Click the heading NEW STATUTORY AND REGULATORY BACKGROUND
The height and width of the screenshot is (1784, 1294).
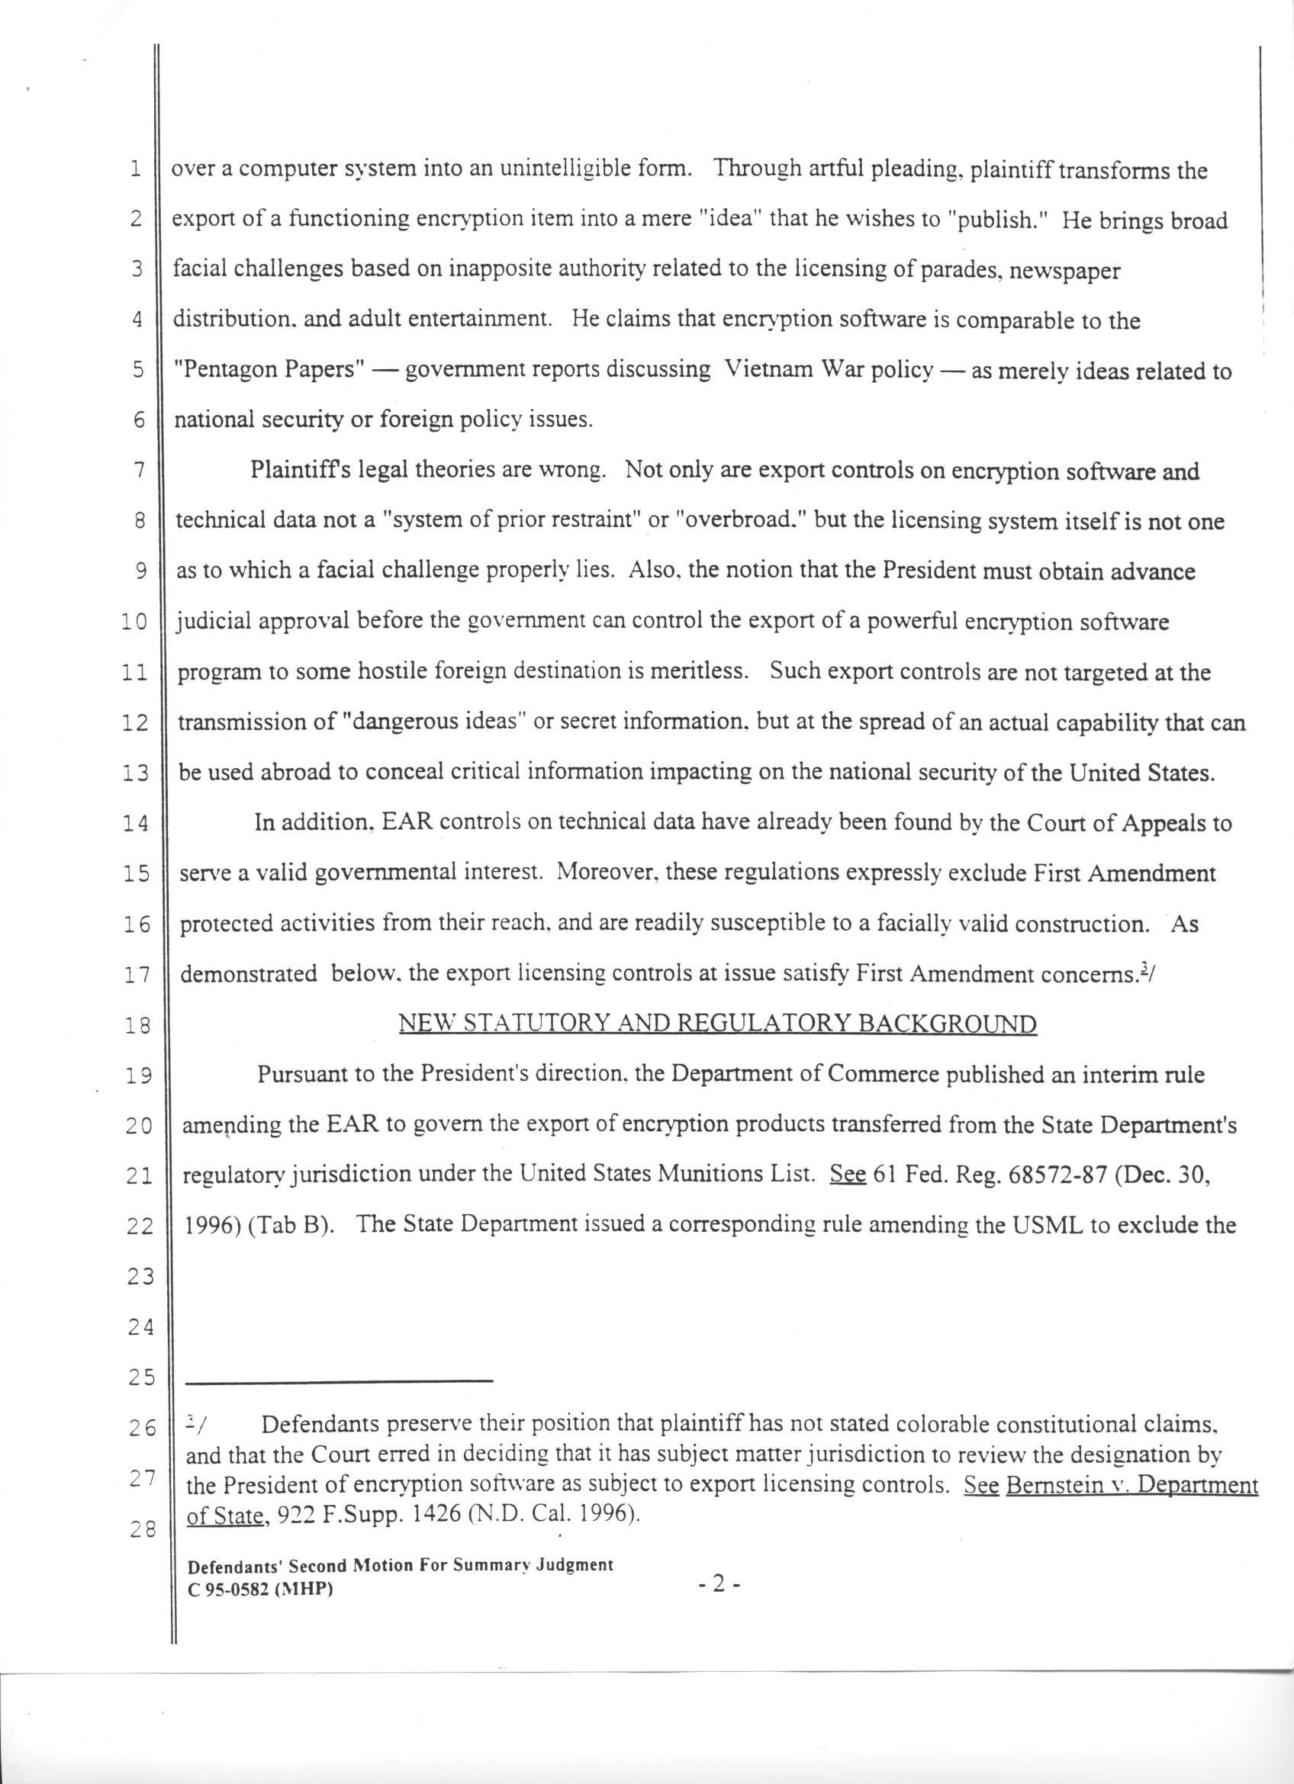[717, 1024]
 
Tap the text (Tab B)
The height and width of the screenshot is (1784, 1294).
[288, 1226]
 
